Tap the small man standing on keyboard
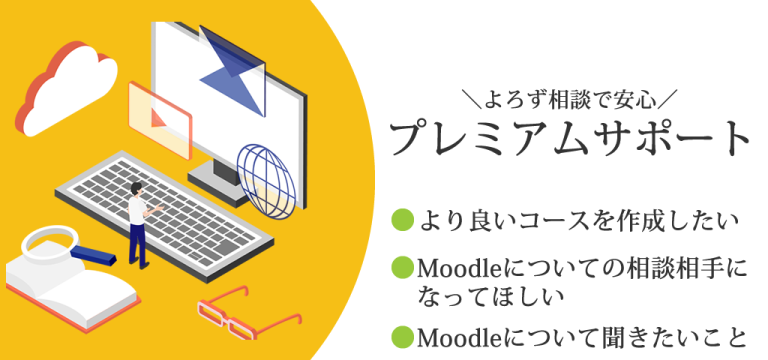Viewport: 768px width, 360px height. click(x=138, y=226)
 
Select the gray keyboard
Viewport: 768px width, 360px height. click(x=170, y=205)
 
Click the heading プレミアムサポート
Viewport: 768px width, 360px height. click(x=569, y=139)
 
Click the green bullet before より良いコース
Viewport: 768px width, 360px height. click(x=402, y=217)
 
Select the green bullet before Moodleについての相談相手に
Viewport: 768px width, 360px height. click(x=402, y=268)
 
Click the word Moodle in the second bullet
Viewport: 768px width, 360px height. click(x=454, y=269)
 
